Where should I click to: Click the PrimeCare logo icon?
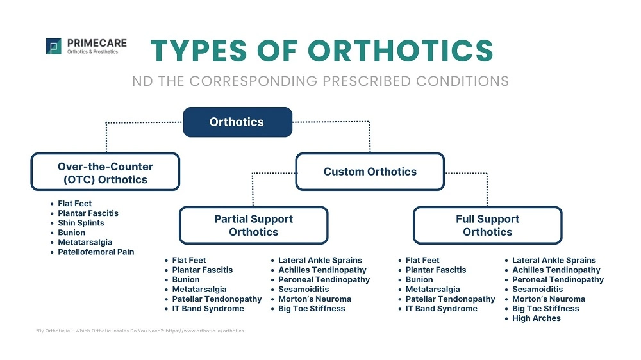click(x=54, y=46)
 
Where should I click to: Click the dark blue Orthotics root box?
click(x=237, y=122)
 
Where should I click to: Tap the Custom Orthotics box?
click(x=370, y=172)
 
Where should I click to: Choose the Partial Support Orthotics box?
click(x=253, y=225)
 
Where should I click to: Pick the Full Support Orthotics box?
click(x=487, y=225)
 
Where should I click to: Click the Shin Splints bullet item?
click(x=81, y=223)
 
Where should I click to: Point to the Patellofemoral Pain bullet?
click(x=96, y=252)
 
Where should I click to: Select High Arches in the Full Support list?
click(x=536, y=318)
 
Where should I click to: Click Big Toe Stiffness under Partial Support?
click(x=312, y=309)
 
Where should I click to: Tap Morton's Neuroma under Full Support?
click(x=548, y=299)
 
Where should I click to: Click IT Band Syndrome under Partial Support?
click(x=208, y=309)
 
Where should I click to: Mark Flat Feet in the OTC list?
click(x=75, y=204)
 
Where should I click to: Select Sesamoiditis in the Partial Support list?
click(x=304, y=290)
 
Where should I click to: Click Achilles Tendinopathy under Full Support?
click(x=556, y=270)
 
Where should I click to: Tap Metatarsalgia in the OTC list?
click(x=85, y=242)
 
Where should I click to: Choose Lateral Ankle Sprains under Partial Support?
click(x=320, y=261)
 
